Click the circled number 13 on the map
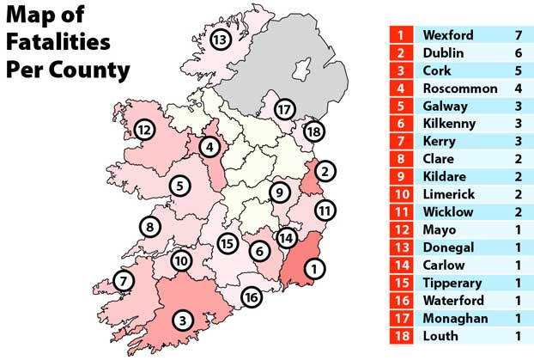(221, 40)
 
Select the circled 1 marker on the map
(314, 269)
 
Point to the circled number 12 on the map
(143, 131)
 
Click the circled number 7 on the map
(124, 281)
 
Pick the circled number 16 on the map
(251, 298)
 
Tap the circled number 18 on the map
(314, 131)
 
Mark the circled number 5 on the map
(179, 185)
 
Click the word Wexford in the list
(448, 36)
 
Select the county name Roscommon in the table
(460, 88)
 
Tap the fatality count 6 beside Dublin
(519, 53)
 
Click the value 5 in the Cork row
(519, 71)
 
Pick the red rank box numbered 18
(401, 336)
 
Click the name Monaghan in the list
(456, 318)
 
